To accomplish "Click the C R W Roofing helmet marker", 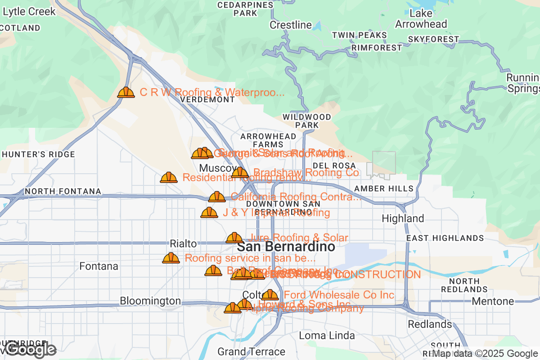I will pyautogui.click(x=126, y=92).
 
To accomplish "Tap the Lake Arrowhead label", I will pyautogui.click(x=421, y=18).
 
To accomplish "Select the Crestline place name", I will pyautogui.click(x=291, y=25).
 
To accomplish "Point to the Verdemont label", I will pyautogui.click(x=207, y=99).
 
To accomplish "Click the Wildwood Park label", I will pyautogui.click(x=307, y=121).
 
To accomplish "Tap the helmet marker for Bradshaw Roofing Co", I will pyautogui.click(x=240, y=172).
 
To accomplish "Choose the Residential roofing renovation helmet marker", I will pyautogui.click(x=169, y=177).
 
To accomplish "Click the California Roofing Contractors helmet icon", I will pyautogui.click(x=217, y=197).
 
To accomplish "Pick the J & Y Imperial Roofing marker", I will pyautogui.click(x=209, y=212).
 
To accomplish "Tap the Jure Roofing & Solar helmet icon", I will pyautogui.click(x=234, y=238).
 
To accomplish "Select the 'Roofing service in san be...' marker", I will pyautogui.click(x=171, y=258).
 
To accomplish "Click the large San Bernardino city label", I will pyautogui.click(x=286, y=247).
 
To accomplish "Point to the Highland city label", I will pyautogui.click(x=403, y=219).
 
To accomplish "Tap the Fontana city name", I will pyautogui.click(x=99, y=266).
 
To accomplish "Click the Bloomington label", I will pyautogui.click(x=150, y=301).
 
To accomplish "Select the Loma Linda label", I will pyautogui.click(x=327, y=336).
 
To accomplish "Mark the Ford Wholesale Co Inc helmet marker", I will pyautogui.click(x=270, y=295).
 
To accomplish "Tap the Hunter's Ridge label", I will pyautogui.click(x=38, y=154).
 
